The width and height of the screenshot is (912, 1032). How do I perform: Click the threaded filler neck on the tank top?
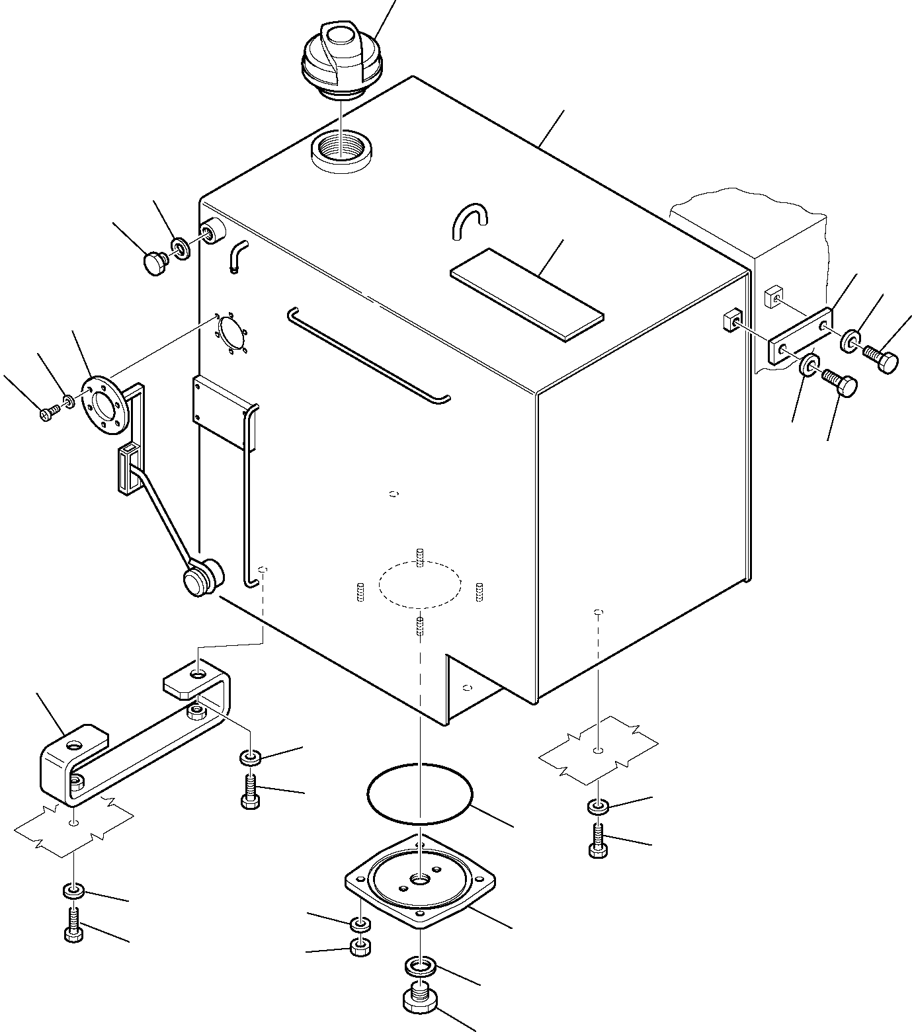pos(342,151)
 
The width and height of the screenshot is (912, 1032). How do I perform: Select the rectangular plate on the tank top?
pos(527,294)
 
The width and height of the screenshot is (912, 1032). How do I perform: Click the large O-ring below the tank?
pos(419,794)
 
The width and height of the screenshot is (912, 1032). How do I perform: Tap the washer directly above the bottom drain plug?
pos(420,967)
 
